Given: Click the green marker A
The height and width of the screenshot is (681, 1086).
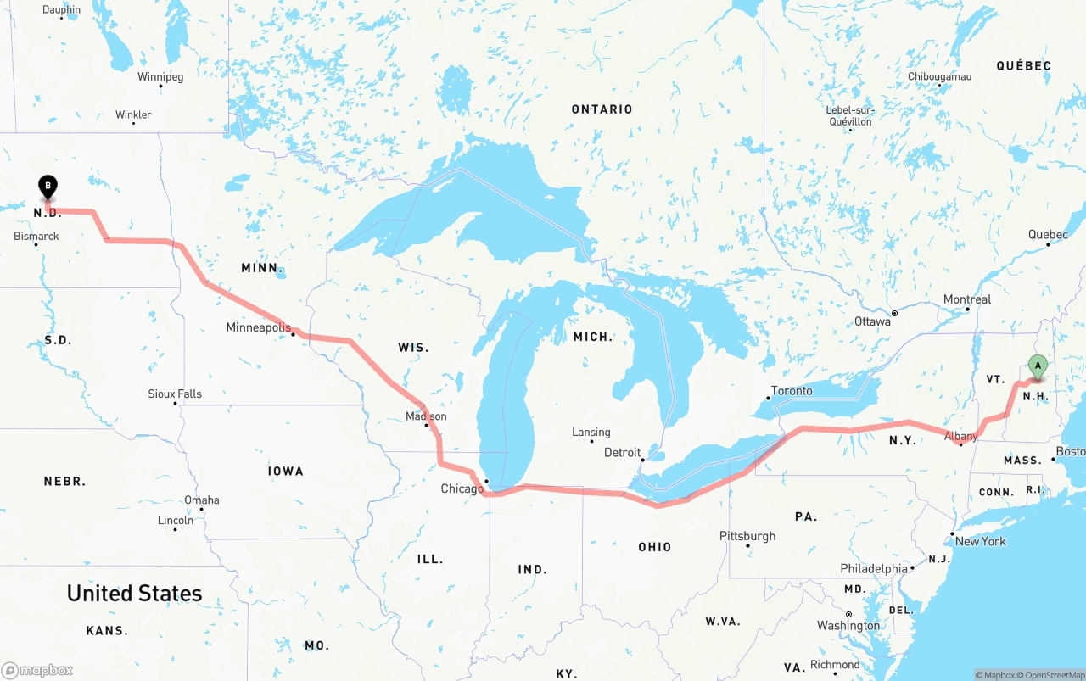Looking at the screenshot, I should pyautogui.click(x=1037, y=366).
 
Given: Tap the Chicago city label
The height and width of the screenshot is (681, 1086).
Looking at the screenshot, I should pyautogui.click(x=462, y=488).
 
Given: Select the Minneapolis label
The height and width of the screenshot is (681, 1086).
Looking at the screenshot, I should pyautogui.click(x=258, y=327).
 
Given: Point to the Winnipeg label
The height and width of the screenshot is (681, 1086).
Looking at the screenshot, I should pyautogui.click(x=160, y=76).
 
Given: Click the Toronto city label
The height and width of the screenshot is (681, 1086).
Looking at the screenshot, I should pyautogui.click(x=792, y=391).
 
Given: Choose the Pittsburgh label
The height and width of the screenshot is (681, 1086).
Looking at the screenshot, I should pyautogui.click(x=747, y=536).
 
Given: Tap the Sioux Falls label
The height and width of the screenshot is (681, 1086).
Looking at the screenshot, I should pyautogui.click(x=175, y=394).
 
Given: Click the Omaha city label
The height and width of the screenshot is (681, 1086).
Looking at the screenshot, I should pyautogui.click(x=201, y=500).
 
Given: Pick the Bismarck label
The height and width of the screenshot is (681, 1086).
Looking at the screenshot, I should pyautogui.click(x=36, y=236).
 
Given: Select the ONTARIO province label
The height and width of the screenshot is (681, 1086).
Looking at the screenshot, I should pyautogui.click(x=602, y=109).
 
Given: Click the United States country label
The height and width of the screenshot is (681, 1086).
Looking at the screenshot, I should pyautogui.click(x=135, y=593).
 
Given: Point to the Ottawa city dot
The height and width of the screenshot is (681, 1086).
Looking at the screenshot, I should pyautogui.click(x=893, y=313).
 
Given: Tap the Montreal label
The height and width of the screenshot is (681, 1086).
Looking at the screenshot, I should pyautogui.click(x=967, y=299).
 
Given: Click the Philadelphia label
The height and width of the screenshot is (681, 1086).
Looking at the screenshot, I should pyautogui.click(x=874, y=568).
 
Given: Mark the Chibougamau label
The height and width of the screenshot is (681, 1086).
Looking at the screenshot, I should pyautogui.click(x=939, y=76).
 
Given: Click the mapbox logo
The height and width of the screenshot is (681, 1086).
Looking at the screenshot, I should pyautogui.click(x=37, y=670).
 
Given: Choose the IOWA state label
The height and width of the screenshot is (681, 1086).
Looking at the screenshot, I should pyautogui.click(x=285, y=471).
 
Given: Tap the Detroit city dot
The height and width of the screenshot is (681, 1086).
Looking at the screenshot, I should pyautogui.click(x=643, y=461).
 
